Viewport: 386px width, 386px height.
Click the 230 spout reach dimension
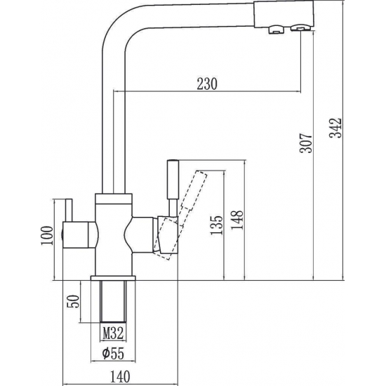[x=207, y=84]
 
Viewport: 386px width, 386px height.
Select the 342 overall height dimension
[x=335, y=128]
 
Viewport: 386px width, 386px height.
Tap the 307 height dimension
[x=306, y=143]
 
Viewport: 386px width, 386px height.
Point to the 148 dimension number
[x=237, y=220]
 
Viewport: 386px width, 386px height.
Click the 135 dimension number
[x=216, y=225]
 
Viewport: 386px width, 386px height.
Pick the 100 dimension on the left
[x=47, y=235]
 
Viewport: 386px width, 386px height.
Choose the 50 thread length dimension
[x=74, y=301]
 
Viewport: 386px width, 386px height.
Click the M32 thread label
[x=113, y=334]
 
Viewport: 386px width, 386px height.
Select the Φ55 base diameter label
[x=113, y=354]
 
